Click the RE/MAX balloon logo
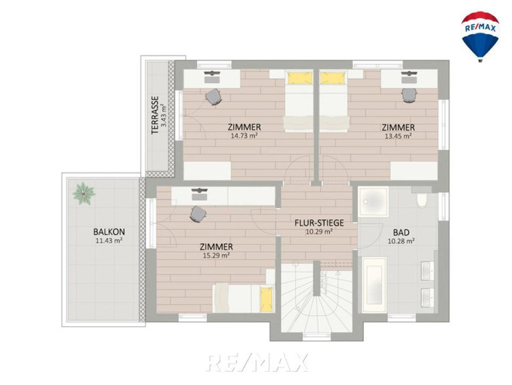(480, 36)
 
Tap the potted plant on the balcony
(84, 193)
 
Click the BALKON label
(109, 232)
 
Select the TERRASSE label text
(155, 115)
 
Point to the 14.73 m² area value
(244, 136)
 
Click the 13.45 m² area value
(398, 136)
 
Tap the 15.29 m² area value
(216, 255)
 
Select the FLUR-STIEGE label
(319, 223)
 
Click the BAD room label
(401, 233)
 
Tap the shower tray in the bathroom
(373, 202)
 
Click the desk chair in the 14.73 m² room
(214, 97)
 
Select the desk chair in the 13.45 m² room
(409, 96)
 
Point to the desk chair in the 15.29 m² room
(198, 215)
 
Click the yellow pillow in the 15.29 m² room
(266, 299)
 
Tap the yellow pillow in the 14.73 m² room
(300, 78)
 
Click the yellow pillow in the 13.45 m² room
(332, 78)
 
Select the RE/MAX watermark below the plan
(257, 362)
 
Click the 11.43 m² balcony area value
(109, 241)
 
